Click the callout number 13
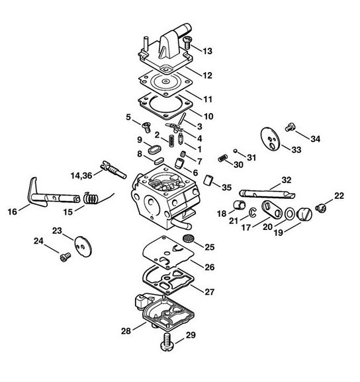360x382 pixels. (208, 51)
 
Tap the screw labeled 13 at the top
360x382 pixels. (187, 42)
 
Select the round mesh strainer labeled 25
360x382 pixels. (189, 238)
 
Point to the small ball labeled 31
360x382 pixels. (235, 151)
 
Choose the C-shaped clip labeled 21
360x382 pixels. (252, 212)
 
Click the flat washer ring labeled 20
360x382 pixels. (289, 214)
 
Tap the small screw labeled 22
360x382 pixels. (320, 208)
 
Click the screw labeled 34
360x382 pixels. (291, 127)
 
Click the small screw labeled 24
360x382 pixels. (65, 257)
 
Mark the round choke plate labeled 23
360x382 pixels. (83, 247)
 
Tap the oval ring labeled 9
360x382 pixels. (154, 149)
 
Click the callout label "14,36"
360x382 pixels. (81, 175)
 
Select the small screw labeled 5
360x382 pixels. (146, 127)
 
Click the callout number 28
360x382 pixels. (126, 331)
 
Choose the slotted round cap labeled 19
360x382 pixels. (304, 214)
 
